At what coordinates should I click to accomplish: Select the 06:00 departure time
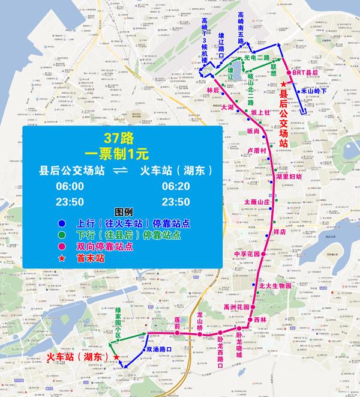click(x=70, y=187)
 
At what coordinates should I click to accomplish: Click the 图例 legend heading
click(x=122, y=212)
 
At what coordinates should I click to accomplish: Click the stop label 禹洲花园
click(x=236, y=307)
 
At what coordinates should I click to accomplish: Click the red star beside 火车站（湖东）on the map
click(x=115, y=358)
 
